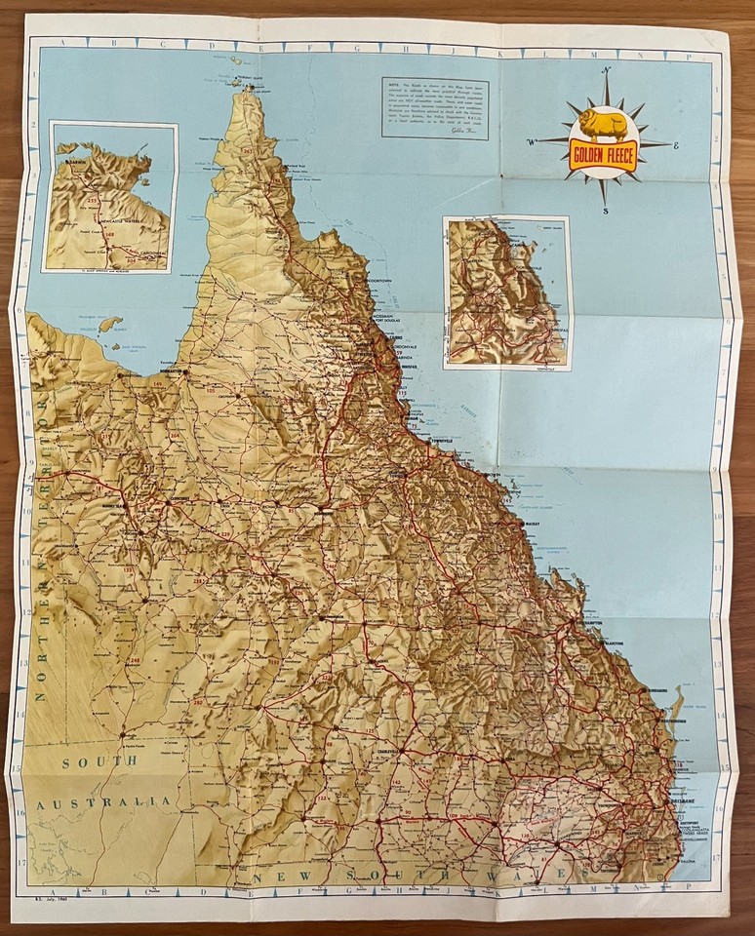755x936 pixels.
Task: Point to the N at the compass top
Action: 607,70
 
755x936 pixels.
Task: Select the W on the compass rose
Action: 533,143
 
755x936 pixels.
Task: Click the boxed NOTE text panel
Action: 434,108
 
